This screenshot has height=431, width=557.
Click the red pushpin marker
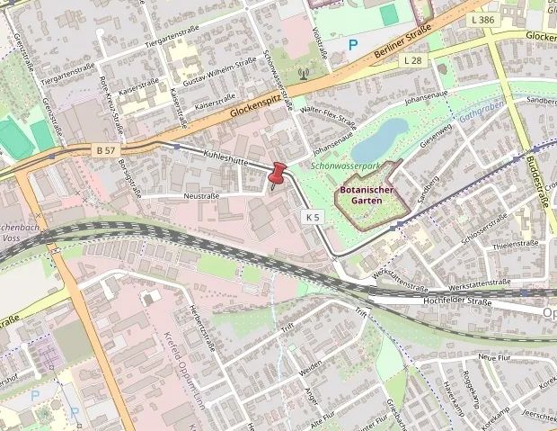(276, 172)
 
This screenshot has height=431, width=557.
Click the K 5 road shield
(312, 217)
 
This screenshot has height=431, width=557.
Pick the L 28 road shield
(412, 59)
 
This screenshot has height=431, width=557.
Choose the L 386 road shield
(482, 19)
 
